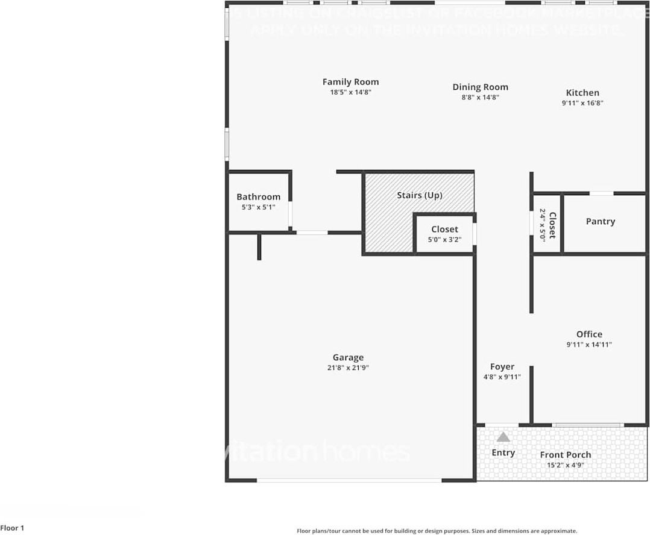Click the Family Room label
tap(350, 82)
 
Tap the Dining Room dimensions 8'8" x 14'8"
tap(480, 97)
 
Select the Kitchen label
tap(582, 93)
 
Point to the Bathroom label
tap(258, 197)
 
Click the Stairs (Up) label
tap(420, 195)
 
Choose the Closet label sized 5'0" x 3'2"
tap(444, 230)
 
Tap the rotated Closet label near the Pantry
tap(552, 225)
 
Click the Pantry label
tap(601, 222)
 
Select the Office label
tap(589, 334)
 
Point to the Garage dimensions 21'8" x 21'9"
tap(348, 368)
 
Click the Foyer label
tap(502, 366)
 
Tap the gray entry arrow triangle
tap(503, 437)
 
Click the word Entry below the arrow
tap(503, 452)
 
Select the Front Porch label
tap(566, 455)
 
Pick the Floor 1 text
tap(12, 528)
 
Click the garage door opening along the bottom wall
tap(349, 480)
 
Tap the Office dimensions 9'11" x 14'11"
tap(589, 345)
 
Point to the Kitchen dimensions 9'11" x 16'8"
tap(582, 103)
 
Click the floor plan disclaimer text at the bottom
tap(437, 531)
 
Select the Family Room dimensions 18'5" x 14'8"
tap(350, 92)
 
